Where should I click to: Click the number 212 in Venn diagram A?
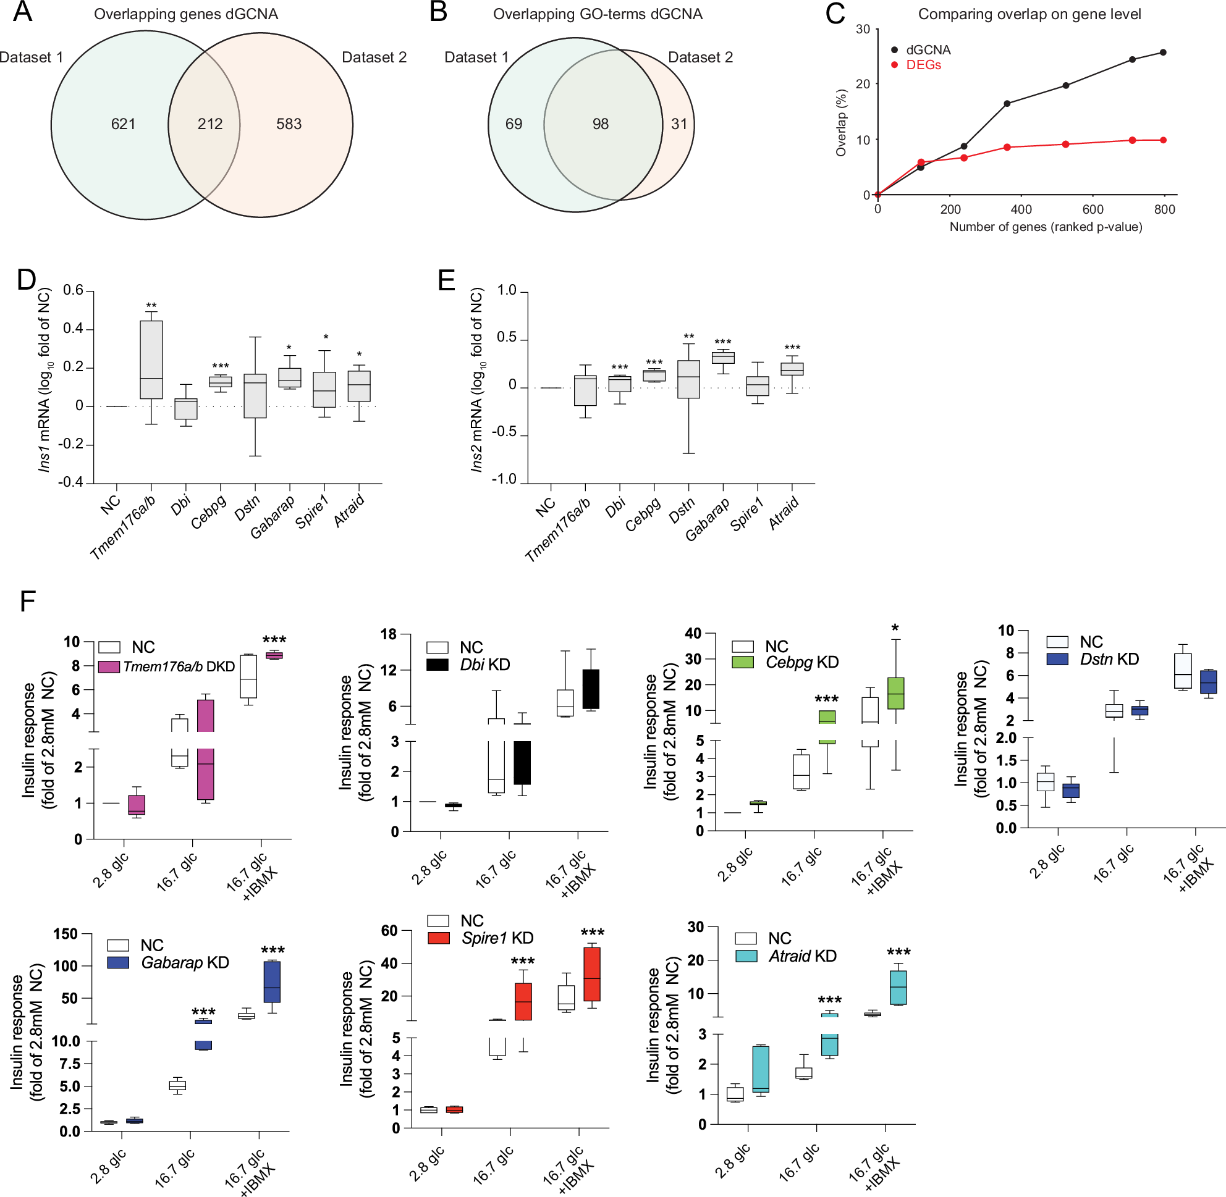coord(210,124)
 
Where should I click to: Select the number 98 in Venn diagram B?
coord(600,124)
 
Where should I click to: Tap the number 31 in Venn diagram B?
coord(679,124)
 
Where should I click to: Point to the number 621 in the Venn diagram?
coord(124,124)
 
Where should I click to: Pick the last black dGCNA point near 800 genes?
coord(1163,52)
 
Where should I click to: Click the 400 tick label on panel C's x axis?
coord(1021,210)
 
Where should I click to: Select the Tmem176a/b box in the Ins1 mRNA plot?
coord(151,359)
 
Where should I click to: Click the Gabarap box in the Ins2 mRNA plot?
coord(723,358)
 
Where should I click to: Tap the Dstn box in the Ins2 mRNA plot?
coord(688,379)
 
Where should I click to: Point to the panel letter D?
coord(27,280)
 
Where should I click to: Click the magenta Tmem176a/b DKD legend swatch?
coord(109,666)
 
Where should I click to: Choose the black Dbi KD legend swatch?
coord(437,665)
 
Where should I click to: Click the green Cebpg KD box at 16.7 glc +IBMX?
coord(895,693)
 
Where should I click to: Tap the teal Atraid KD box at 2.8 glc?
coord(761,1069)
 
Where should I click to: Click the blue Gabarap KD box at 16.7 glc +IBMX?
coord(272,981)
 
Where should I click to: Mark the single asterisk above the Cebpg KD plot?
coord(895,628)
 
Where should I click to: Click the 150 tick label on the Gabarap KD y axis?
coord(66,934)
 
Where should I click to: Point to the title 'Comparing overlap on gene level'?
coord(1029,14)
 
